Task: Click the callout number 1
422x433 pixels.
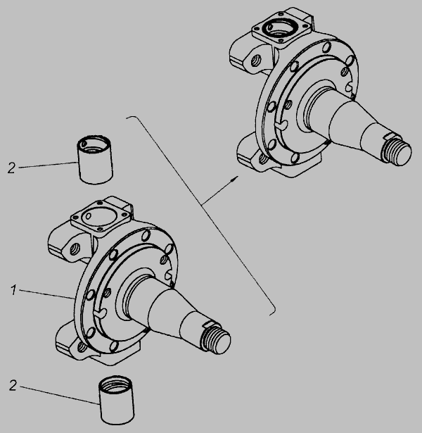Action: tap(13, 291)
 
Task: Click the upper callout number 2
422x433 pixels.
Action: tap(11, 168)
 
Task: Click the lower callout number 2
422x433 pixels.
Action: tap(13, 386)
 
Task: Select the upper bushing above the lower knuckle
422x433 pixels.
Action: tap(95, 160)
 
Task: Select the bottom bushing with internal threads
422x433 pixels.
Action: tap(116, 400)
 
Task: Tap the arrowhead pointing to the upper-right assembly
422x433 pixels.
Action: tap(234, 179)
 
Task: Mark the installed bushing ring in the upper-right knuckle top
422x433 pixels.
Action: tap(280, 28)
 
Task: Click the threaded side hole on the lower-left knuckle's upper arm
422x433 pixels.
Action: tap(74, 249)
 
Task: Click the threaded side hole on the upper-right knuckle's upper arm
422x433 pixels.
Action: tap(255, 60)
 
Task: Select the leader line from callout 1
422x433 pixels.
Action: tap(46, 294)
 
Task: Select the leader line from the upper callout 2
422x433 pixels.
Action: tap(48, 165)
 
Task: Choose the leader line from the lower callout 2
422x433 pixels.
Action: tap(60, 396)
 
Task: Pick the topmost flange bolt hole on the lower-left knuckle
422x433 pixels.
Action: tap(146, 236)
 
